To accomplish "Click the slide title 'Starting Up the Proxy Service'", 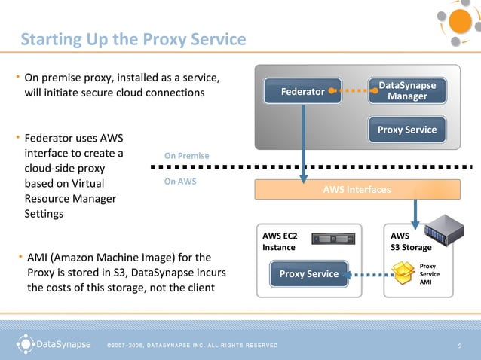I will point(133,38).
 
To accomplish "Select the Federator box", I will point(302,92).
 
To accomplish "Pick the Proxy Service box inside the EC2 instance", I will point(308,273).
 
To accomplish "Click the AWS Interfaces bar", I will point(357,189).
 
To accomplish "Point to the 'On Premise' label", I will point(186,156).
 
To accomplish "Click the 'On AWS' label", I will point(180,182).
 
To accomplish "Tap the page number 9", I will point(459,346).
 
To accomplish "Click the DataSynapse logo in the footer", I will point(52,345).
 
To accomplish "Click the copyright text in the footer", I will point(192,346).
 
